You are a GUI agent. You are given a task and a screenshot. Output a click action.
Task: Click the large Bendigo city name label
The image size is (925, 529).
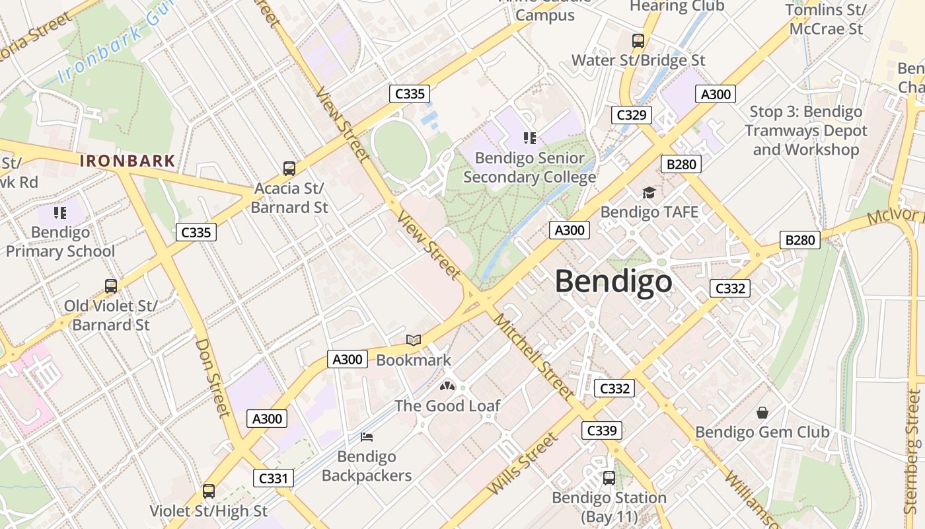tap(613, 282)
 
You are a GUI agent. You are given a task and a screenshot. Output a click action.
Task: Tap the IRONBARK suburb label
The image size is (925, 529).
tap(128, 161)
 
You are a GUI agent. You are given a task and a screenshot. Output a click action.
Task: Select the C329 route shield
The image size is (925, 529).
tap(631, 115)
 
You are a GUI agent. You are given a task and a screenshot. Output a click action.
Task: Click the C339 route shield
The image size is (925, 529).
tap(602, 431)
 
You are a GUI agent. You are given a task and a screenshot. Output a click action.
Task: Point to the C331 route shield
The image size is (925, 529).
tap(273, 478)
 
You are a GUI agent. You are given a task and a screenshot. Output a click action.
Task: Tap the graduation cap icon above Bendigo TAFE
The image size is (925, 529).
tap(649, 192)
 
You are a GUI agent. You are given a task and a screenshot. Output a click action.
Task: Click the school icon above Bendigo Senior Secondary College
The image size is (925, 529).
tap(529, 138)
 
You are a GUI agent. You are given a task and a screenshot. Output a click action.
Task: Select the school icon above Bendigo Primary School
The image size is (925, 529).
tap(60, 212)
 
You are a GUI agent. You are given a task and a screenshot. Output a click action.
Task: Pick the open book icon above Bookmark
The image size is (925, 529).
tap(414, 340)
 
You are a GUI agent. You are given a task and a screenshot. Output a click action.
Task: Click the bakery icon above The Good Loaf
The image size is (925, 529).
tap(447, 386)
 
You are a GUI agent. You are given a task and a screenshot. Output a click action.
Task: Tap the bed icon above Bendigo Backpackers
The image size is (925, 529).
tap(367, 436)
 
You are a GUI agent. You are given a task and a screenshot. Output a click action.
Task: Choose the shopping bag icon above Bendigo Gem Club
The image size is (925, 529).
tap(762, 413)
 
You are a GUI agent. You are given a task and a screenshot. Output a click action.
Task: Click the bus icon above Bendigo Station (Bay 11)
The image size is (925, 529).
tap(609, 477)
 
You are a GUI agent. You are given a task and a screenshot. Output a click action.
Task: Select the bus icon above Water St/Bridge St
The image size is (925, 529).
tap(638, 40)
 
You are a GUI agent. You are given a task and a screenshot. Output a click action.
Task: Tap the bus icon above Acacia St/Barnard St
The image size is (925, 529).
tap(289, 168)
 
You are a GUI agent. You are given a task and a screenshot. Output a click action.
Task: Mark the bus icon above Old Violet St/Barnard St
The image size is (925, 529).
tap(111, 286)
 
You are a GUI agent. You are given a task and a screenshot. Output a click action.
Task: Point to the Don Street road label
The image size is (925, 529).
tap(213, 378)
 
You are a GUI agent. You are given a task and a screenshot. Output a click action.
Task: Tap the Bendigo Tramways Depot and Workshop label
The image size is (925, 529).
tap(805, 131)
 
